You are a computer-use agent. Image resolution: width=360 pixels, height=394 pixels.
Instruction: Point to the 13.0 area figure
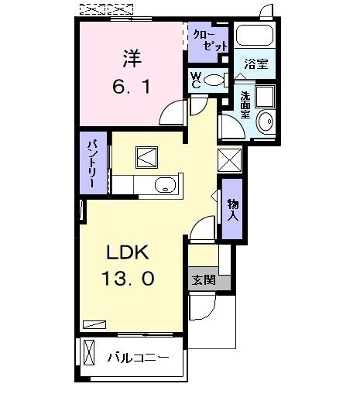click(129, 277)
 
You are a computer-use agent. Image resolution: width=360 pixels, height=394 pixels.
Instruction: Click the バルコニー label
click(137, 358)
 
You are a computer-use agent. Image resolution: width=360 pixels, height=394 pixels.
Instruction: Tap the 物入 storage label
click(231, 208)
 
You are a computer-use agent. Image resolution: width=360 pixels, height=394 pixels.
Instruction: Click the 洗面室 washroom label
click(245, 104)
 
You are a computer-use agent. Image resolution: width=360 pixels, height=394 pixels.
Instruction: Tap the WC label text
click(197, 81)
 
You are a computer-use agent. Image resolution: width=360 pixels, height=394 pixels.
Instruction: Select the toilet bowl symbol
click(218, 80)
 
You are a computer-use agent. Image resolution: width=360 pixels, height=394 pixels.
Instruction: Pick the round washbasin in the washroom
click(266, 122)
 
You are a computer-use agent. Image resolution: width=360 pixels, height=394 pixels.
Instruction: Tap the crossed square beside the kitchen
click(230, 159)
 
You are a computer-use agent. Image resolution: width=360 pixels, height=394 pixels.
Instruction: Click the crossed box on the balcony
click(90, 356)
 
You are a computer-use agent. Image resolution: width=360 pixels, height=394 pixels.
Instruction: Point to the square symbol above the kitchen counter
click(148, 156)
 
